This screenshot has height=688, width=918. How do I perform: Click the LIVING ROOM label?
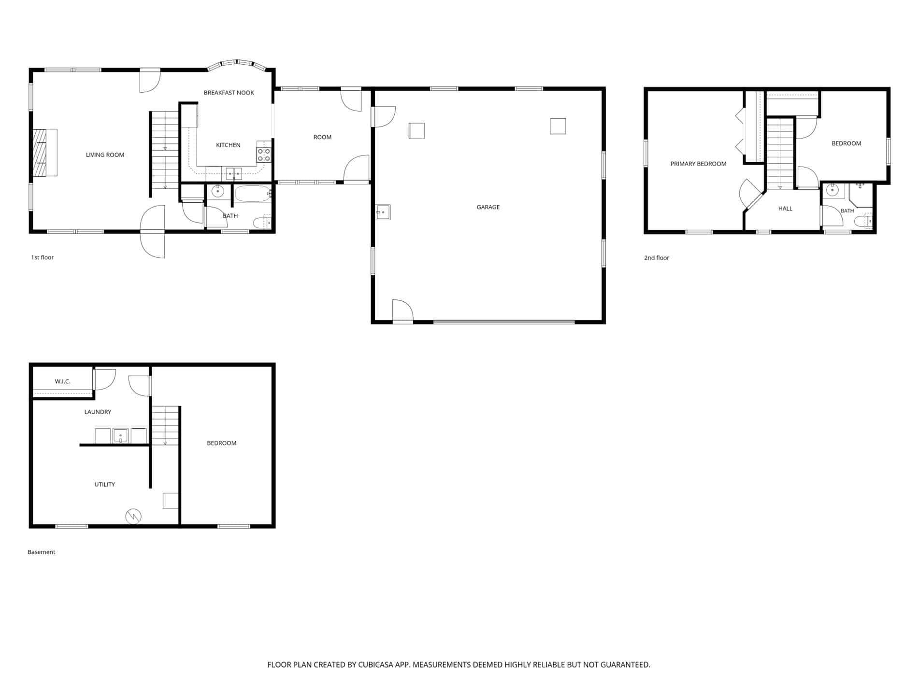tap(105, 155)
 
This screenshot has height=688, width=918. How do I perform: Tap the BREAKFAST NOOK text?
tap(229, 93)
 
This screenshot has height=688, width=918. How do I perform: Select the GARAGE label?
tap(488, 207)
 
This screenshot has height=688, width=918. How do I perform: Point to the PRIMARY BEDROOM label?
tap(698, 164)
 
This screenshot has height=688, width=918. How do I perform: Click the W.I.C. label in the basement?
tap(63, 381)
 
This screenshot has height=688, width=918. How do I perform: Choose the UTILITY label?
tap(104, 484)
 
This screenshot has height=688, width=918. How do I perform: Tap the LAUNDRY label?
tap(98, 412)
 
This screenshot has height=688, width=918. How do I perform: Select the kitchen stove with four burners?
tap(264, 155)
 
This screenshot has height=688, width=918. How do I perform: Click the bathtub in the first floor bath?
tap(253, 194)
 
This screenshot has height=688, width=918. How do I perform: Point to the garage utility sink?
tap(383, 212)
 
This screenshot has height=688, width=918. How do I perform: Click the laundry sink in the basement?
tap(120, 435)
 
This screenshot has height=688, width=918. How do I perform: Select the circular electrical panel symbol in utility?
tap(133, 516)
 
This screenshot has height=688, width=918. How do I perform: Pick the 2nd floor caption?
tap(657, 258)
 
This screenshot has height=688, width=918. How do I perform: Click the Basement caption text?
tap(42, 552)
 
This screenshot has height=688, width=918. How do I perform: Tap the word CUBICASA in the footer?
tap(375, 665)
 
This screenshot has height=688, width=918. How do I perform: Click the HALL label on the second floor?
tap(785, 209)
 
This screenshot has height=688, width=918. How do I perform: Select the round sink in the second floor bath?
tap(832, 190)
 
